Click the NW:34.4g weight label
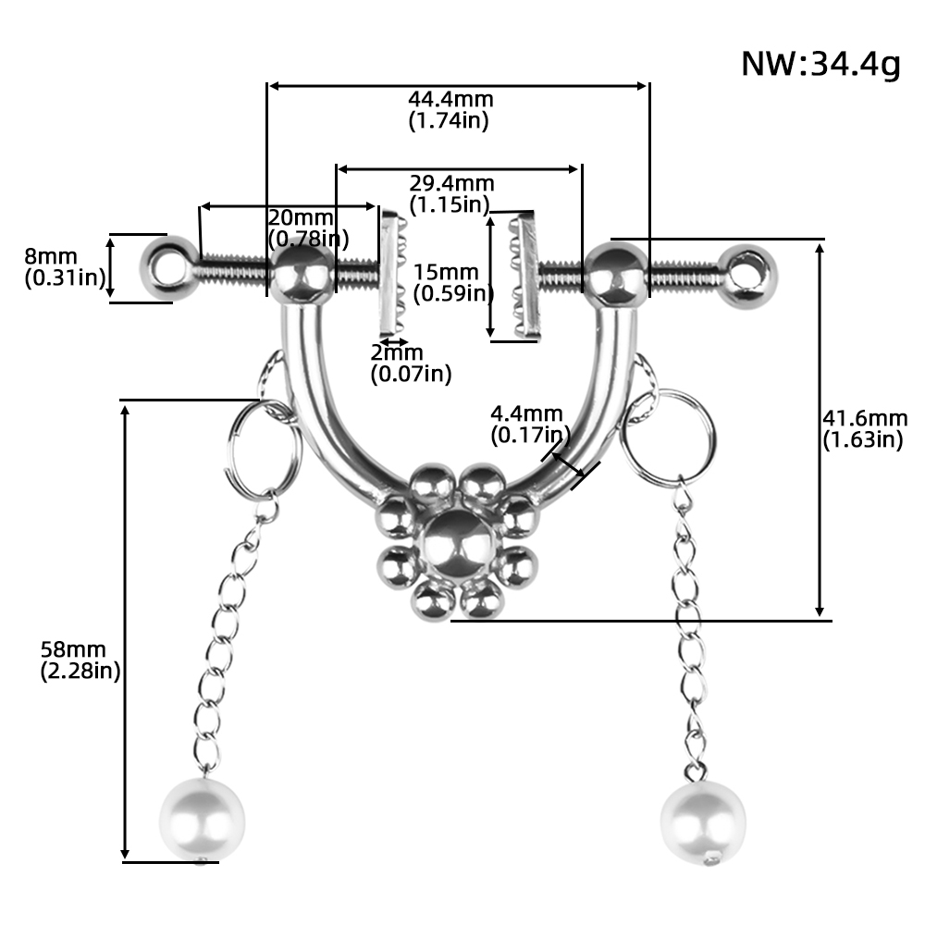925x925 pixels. pos(820,63)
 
